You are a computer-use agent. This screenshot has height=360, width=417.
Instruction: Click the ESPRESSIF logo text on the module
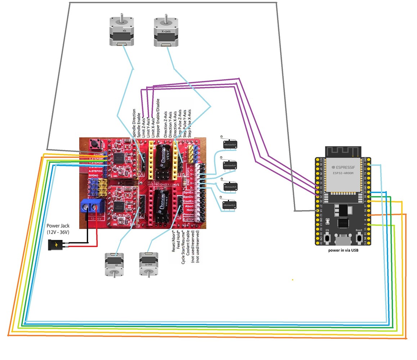342,167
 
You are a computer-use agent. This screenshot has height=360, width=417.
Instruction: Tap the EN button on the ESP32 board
327,238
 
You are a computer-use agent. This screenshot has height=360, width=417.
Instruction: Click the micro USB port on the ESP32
343,240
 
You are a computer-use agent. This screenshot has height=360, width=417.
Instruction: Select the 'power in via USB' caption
343,250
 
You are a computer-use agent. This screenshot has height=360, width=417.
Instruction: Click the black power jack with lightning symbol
57,245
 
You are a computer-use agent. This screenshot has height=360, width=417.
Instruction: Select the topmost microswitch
229,145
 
